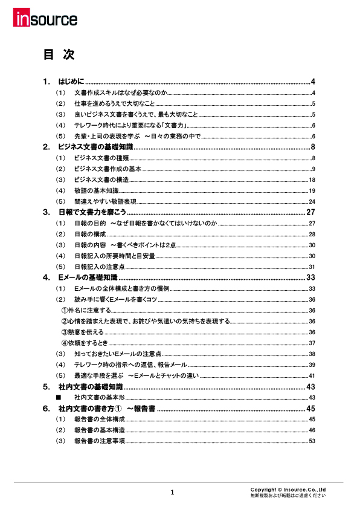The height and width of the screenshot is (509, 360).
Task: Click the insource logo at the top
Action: click(x=45, y=19)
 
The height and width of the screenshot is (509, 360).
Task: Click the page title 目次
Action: click(x=59, y=55)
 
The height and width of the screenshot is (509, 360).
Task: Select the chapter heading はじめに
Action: click(x=71, y=82)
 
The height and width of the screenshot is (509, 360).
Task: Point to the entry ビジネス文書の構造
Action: click(x=101, y=180)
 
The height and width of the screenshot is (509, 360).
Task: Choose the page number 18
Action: click(x=312, y=180)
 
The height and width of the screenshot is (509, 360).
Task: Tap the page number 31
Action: click(x=312, y=267)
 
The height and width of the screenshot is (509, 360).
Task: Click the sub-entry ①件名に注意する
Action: click(x=86, y=311)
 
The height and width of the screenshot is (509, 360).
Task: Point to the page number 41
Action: click(x=312, y=376)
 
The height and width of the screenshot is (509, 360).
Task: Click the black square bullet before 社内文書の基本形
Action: click(x=59, y=398)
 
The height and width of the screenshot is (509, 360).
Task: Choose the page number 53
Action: click(x=312, y=441)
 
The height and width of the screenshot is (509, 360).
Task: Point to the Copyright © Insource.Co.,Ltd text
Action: click(x=288, y=489)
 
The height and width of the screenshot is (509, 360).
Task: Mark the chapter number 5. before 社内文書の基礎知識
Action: click(x=47, y=387)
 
